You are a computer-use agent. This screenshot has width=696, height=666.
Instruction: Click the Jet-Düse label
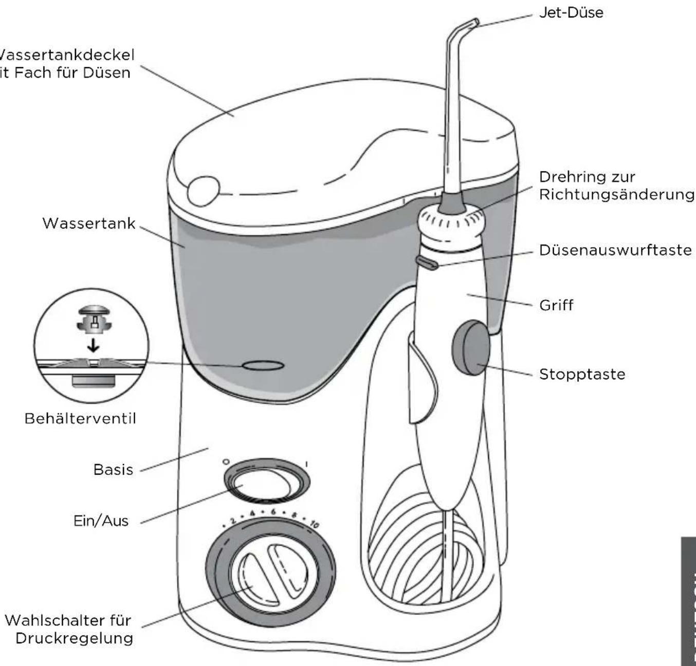coord(571,13)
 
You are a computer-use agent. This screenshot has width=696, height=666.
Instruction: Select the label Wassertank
coord(88,224)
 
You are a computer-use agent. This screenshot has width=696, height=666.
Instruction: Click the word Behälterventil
coord(80,418)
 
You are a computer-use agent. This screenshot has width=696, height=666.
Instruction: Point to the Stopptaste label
coord(582,374)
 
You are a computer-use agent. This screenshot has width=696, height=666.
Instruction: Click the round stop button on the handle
coord(470,348)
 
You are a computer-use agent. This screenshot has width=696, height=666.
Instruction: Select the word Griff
coord(556,305)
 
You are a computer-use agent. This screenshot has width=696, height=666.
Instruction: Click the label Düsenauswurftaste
coord(615,250)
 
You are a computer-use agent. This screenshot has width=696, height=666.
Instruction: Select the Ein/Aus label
coord(101,521)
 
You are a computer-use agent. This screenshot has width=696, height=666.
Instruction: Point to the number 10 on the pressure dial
coord(314,525)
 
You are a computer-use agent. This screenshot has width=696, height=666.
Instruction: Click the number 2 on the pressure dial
coord(232,522)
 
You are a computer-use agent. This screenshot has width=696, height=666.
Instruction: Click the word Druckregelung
coord(74,638)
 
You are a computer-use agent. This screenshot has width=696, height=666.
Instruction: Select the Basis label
coord(113,470)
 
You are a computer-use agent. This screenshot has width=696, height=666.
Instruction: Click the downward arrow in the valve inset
coord(93,344)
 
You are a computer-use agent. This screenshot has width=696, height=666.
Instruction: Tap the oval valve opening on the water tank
coord(263,365)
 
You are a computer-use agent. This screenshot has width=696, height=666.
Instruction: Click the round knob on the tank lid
coord(203,192)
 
